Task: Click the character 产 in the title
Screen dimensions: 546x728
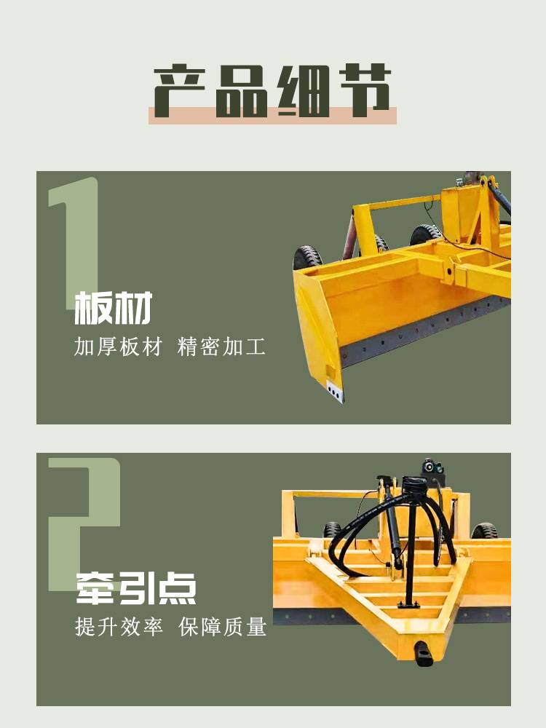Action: pos(180,90)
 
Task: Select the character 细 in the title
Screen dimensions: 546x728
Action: pos(304,90)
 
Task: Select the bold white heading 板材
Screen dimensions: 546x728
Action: pos(114,308)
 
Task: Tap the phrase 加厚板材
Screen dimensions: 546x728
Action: pos(118,347)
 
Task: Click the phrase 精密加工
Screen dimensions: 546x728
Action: pos(221,347)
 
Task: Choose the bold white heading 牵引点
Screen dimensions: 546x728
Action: pos(136,588)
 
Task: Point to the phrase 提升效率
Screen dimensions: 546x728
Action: pos(119,626)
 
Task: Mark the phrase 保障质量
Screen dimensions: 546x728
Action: pos(222,626)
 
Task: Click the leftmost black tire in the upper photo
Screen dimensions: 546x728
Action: pos(307,258)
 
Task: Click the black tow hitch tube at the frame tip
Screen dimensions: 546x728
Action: pos(424,653)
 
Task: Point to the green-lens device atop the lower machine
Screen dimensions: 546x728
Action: pos(432,467)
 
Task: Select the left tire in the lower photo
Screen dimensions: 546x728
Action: pos(333,530)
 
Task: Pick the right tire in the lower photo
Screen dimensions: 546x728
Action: pos(484,531)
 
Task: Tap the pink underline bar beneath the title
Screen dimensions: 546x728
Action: pos(272,116)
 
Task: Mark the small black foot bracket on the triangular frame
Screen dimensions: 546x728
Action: pos(408,604)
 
